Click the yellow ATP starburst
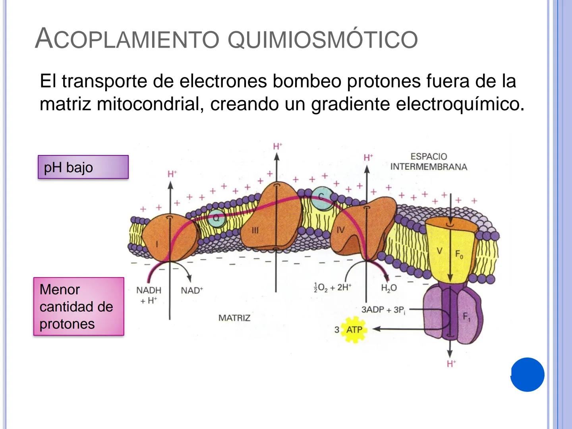click(x=354, y=329)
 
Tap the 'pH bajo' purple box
click(x=83, y=167)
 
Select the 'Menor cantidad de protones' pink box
click(x=79, y=307)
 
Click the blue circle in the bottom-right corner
click(x=528, y=375)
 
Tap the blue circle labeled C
click(x=322, y=197)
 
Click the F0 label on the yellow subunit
click(x=459, y=255)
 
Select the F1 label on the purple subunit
click(x=467, y=317)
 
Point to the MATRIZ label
click(x=234, y=318)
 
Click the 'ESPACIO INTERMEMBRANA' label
click(x=429, y=162)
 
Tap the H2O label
click(x=388, y=288)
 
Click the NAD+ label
click(x=192, y=290)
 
